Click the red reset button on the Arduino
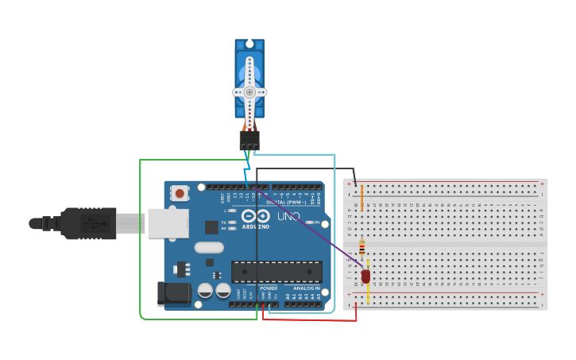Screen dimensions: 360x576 point(180,193)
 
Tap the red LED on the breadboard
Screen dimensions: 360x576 point(365,277)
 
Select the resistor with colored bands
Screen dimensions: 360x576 point(362,247)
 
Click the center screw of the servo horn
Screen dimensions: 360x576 point(249,91)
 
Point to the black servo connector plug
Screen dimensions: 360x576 point(249,140)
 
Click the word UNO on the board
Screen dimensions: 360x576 point(288,216)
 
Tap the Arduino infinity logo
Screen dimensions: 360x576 point(256,216)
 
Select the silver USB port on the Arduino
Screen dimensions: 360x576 point(168,223)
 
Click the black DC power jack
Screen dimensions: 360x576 point(173,293)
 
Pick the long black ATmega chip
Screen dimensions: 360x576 point(276,272)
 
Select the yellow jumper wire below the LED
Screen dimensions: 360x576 point(368,292)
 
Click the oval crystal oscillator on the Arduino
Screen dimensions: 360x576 point(209,247)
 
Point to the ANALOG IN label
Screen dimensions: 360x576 point(306,288)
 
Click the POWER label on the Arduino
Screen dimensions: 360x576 point(269,288)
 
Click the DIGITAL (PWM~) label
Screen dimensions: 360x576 point(292,202)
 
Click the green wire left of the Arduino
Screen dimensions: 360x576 point(141,238)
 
